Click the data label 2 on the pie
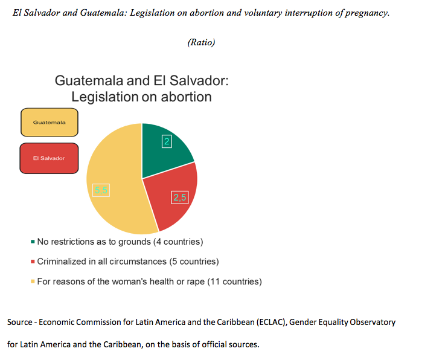(x=167, y=141)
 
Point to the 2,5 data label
(x=180, y=198)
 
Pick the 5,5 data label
(x=101, y=190)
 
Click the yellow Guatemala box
(x=50, y=123)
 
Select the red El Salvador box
(x=49, y=158)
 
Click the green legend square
(x=33, y=242)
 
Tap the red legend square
(x=33, y=262)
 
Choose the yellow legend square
(x=33, y=281)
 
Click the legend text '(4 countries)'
(x=178, y=242)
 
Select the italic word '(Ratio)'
(x=201, y=42)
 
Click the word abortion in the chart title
(x=187, y=97)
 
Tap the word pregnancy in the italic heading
(x=367, y=13)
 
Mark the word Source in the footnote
(x=20, y=323)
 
